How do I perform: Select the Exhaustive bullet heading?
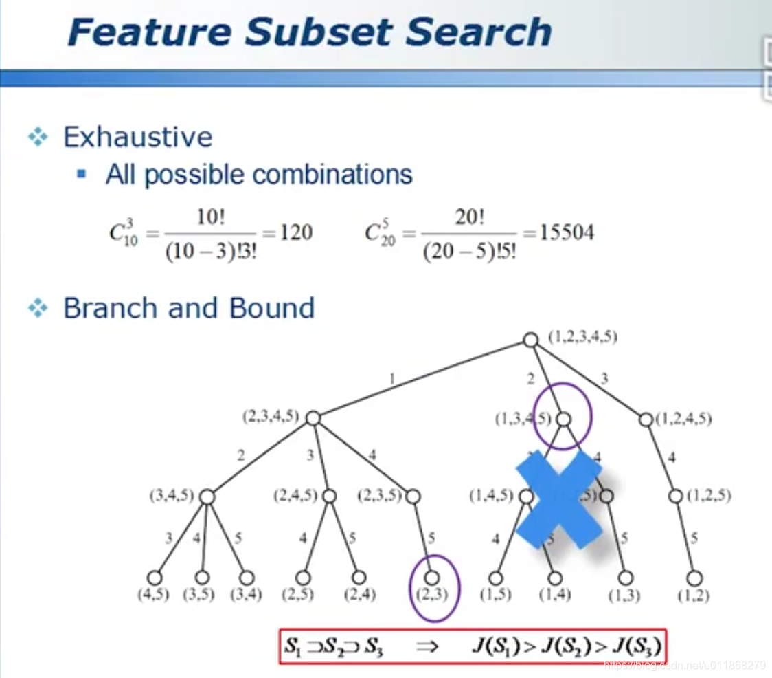click(137, 137)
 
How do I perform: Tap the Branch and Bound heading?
click(189, 308)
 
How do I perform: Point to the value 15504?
click(566, 232)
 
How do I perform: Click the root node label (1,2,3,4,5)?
click(582, 337)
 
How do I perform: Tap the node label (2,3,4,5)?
click(271, 416)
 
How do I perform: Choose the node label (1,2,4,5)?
click(683, 418)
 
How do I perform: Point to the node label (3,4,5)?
click(172, 496)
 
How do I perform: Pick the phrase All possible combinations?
click(259, 175)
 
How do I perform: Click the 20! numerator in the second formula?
click(470, 217)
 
